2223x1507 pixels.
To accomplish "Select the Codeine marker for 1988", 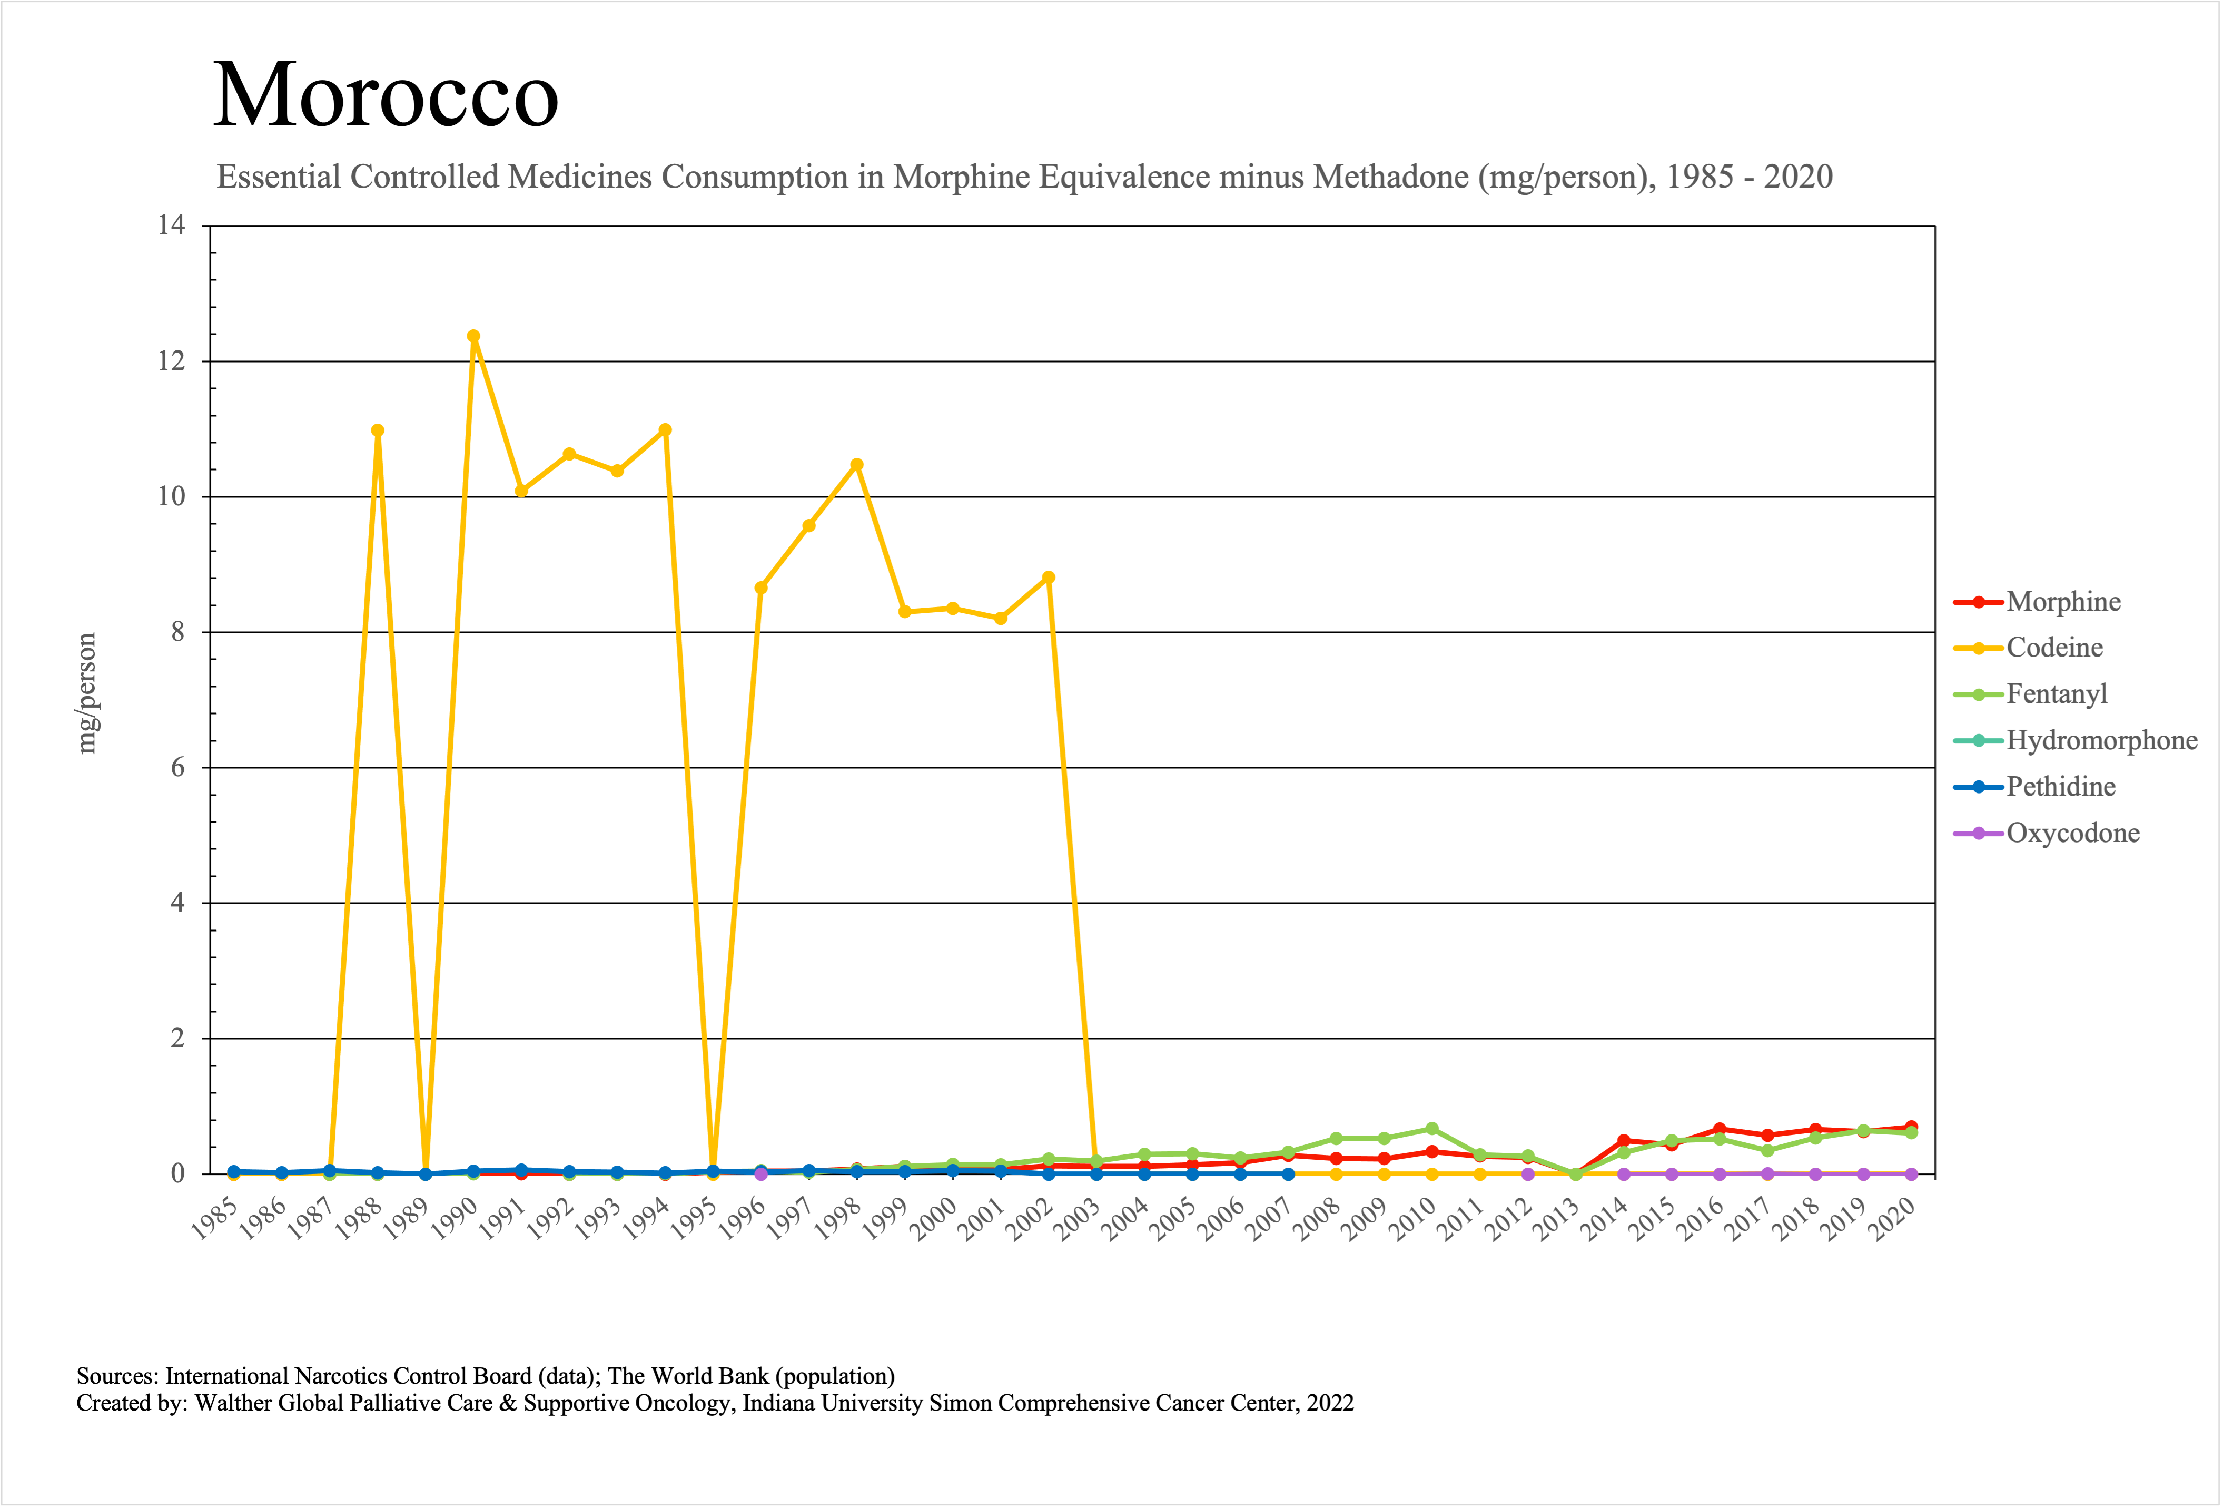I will [x=378, y=430].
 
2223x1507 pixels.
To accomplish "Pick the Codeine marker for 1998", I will [x=857, y=465].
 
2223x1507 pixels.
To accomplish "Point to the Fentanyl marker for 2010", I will [x=1432, y=1129].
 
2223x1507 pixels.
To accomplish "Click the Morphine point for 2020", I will [x=1911, y=1127].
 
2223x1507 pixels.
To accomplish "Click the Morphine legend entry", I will [x=2063, y=602].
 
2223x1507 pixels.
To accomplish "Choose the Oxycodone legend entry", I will [x=2072, y=834].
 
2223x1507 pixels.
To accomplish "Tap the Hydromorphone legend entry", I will [x=2101, y=740].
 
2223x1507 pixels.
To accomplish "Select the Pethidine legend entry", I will [x=2060, y=787].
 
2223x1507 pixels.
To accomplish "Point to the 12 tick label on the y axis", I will [x=171, y=361].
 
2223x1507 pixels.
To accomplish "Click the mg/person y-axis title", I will [x=87, y=694].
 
